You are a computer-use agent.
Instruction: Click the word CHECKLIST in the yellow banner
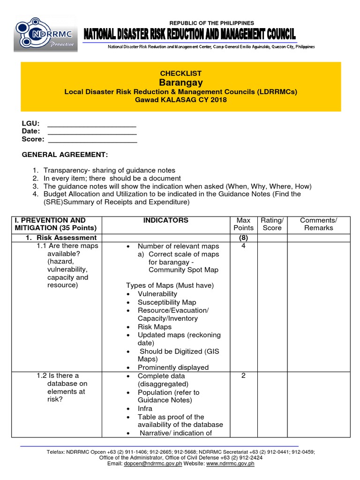181,74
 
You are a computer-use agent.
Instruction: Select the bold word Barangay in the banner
181,82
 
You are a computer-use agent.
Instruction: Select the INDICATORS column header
165,220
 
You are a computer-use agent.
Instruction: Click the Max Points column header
243,224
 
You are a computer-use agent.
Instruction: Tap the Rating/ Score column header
272,224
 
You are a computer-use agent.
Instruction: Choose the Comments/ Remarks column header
318,224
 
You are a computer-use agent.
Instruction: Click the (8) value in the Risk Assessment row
243,238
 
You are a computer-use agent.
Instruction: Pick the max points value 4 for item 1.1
243,246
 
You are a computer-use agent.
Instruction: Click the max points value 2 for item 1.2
243,376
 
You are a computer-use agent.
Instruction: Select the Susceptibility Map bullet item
167,302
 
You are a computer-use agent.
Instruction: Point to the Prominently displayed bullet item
173,367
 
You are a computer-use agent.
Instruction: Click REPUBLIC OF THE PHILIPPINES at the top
211,23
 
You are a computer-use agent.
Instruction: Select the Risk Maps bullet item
155,327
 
